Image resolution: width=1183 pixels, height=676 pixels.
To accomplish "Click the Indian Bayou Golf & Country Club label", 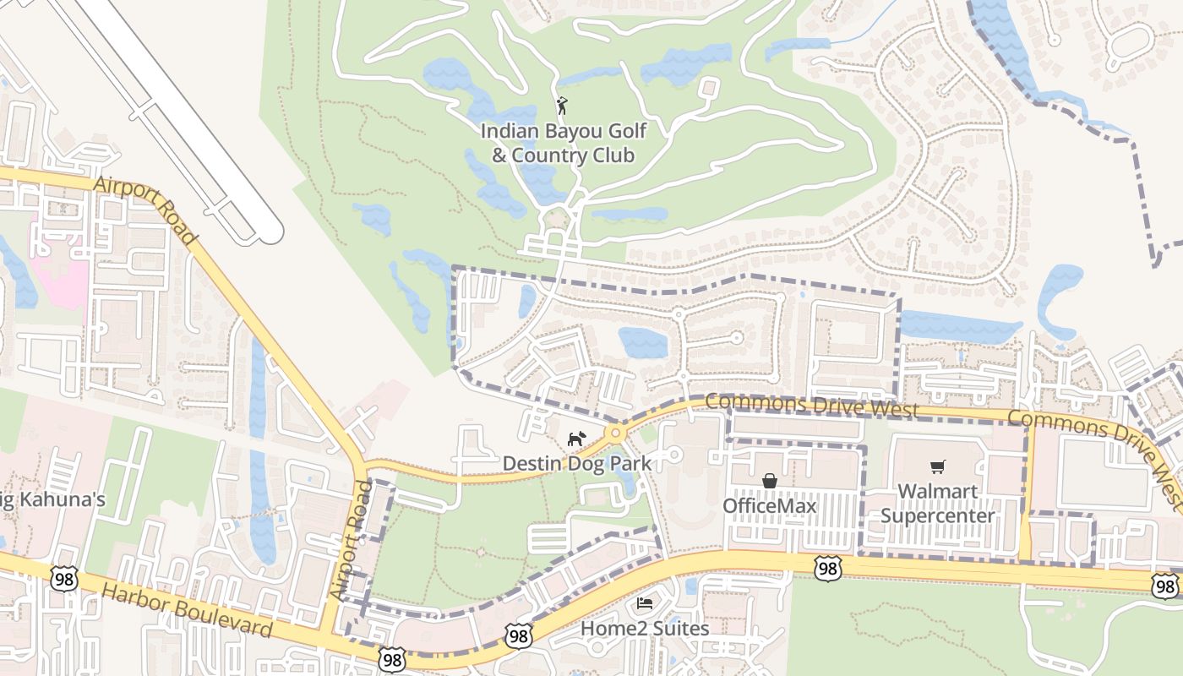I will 563,144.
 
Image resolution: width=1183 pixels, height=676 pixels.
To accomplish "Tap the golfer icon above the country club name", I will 562,106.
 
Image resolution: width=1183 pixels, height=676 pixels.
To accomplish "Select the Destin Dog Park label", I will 577,463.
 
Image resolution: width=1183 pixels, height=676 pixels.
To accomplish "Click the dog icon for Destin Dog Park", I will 576,439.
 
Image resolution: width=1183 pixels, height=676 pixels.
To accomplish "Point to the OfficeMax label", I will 769,506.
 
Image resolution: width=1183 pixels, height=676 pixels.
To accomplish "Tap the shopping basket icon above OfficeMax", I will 770,481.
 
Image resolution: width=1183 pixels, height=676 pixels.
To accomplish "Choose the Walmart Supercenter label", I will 938,503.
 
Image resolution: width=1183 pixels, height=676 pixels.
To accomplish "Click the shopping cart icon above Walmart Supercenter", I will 937,467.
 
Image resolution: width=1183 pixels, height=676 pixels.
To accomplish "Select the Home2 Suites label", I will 644,629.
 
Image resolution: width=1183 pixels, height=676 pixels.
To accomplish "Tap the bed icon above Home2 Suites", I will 644,604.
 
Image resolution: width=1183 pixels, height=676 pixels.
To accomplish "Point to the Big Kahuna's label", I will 51,499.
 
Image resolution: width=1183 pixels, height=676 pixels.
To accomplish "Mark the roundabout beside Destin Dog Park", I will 615,433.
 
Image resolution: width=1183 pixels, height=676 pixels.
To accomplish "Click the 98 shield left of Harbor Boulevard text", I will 64,579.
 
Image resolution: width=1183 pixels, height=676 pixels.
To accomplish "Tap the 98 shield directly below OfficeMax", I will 828,569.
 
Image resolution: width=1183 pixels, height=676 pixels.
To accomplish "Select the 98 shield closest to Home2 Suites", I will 519,636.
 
